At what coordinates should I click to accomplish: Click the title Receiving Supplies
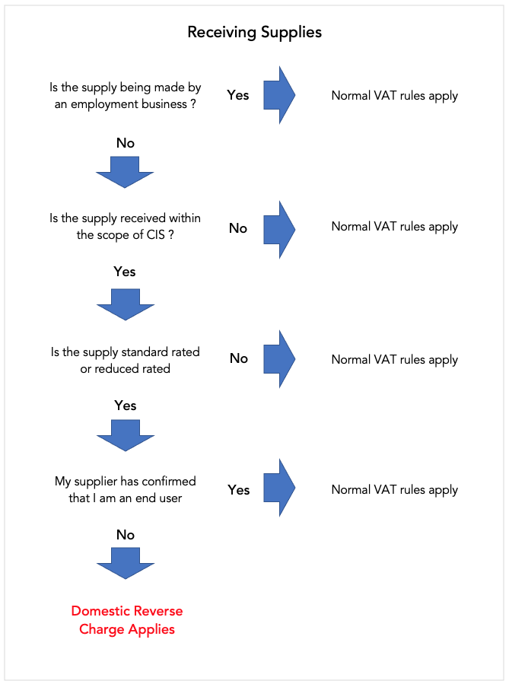pyautogui.click(x=255, y=32)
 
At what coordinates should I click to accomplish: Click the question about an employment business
pyautogui.click(x=126, y=96)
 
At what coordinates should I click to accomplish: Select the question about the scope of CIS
pyautogui.click(x=126, y=227)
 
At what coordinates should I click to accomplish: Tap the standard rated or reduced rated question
pyautogui.click(x=126, y=361)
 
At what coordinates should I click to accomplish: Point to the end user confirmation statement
pyautogui.click(x=126, y=489)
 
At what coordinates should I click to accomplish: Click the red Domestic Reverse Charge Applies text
pyautogui.click(x=127, y=620)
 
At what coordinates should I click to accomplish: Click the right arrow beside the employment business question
pyautogui.click(x=279, y=95)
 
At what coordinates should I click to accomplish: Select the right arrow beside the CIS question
pyautogui.click(x=279, y=230)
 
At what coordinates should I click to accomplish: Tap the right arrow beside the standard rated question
pyautogui.click(x=279, y=359)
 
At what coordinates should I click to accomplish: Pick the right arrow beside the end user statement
pyautogui.click(x=279, y=488)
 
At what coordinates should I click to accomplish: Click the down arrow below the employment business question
pyautogui.click(x=125, y=172)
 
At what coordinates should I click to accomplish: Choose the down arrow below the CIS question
pyautogui.click(x=126, y=304)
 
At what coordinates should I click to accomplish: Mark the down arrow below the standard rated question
pyautogui.click(x=126, y=435)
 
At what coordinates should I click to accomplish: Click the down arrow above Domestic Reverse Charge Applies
pyautogui.click(x=126, y=564)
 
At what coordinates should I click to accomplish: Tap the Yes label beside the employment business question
pyautogui.click(x=238, y=95)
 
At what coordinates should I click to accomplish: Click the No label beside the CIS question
pyautogui.click(x=238, y=228)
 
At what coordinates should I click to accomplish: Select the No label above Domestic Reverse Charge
pyautogui.click(x=126, y=535)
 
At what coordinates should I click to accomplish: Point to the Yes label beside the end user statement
pyautogui.click(x=239, y=490)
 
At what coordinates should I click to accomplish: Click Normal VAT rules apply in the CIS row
pyautogui.click(x=395, y=227)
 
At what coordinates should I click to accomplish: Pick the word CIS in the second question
pyautogui.click(x=156, y=234)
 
